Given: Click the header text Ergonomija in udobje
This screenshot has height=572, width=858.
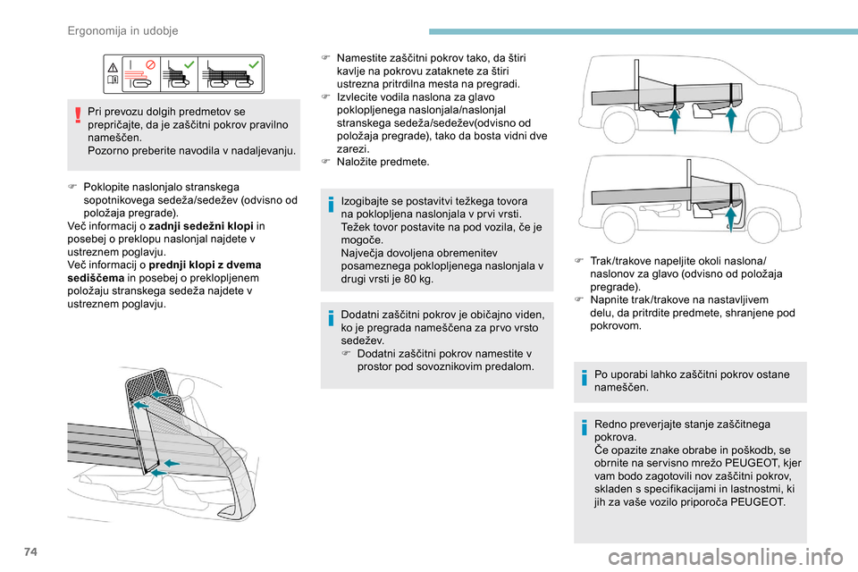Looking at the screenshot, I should coord(122,30).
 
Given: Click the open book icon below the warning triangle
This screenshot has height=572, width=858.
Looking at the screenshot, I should coord(113,80).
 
